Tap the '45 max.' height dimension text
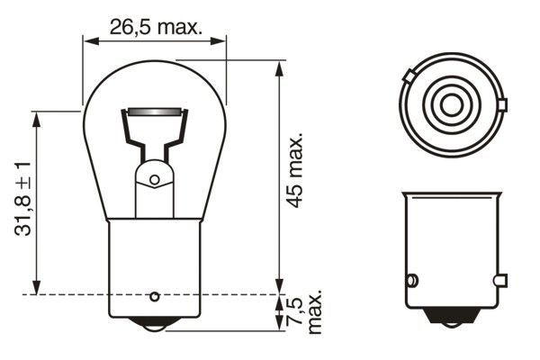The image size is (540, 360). [295, 172]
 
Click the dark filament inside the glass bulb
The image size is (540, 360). [155, 112]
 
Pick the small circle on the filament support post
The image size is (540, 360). [155, 179]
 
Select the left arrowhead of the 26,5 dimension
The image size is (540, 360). [87, 40]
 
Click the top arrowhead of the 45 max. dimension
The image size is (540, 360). [277, 66]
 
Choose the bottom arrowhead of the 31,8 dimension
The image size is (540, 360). [37, 289]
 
